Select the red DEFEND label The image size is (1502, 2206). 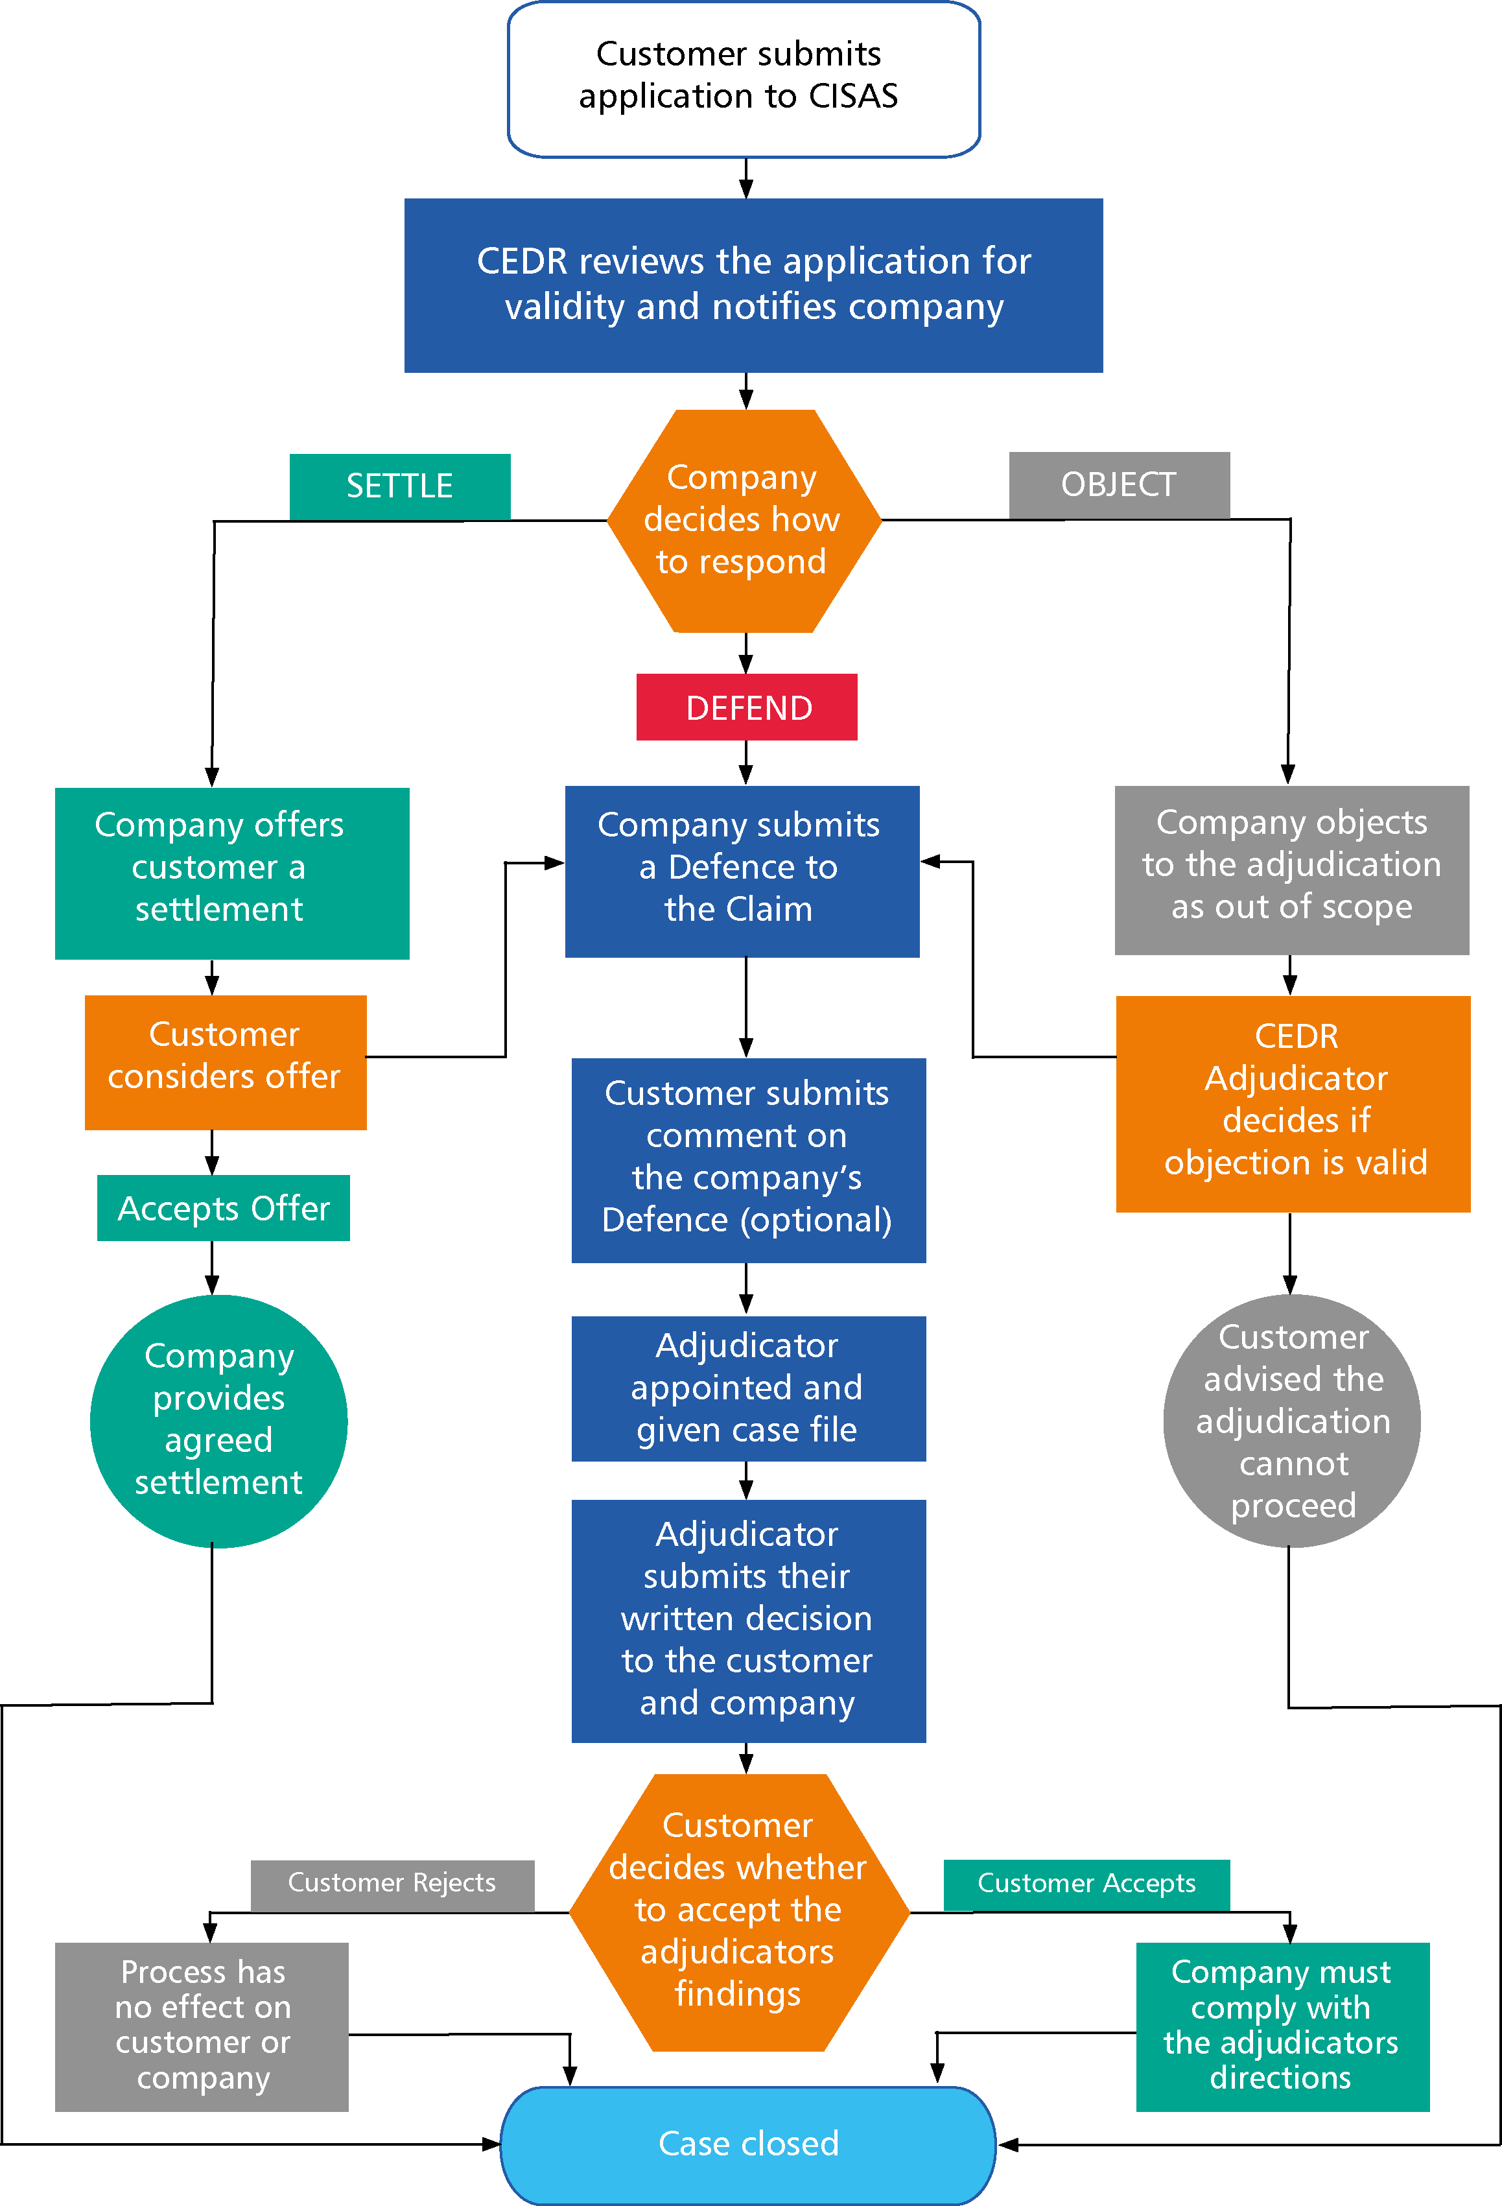click(x=747, y=707)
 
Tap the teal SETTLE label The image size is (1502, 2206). click(x=399, y=486)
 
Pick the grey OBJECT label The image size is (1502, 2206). click(x=1119, y=484)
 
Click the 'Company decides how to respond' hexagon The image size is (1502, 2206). click(x=743, y=520)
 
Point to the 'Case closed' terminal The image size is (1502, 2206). click(x=747, y=2143)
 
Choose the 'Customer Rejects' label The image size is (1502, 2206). click(x=392, y=1882)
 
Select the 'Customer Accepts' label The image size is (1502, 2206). click(x=1086, y=1883)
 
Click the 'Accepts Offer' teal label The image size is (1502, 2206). click(x=223, y=1207)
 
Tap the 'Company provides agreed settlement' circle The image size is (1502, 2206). click(x=218, y=1420)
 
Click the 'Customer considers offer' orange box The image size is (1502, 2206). click(x=225, y=1061)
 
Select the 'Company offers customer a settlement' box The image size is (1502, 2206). click(x=231, y=872)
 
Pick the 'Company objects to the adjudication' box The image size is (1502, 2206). click(x=1291, y=870)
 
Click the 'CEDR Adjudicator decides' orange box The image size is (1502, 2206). click(x=1293, y=1103)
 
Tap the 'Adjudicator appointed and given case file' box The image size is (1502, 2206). click(x=747, y=1388)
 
